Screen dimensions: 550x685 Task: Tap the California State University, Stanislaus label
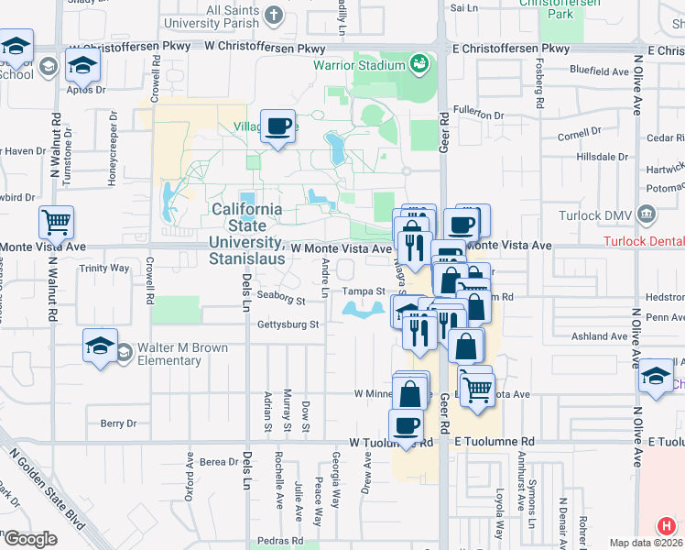[247, 225]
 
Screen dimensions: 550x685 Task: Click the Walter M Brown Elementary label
[169, 355]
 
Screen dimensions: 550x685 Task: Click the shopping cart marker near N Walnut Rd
[56, 221]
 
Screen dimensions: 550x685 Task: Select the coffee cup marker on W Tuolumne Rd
[407, 424]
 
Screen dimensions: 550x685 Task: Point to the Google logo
[29, 539]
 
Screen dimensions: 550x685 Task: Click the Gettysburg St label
[288, 324]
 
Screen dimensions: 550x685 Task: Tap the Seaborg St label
[281, 298]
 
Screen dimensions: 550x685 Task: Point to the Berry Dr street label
[118, 423]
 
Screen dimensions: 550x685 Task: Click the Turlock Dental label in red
[644, 241]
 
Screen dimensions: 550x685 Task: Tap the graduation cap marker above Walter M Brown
[100, 345]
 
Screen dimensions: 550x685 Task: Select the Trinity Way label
[104, 269]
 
